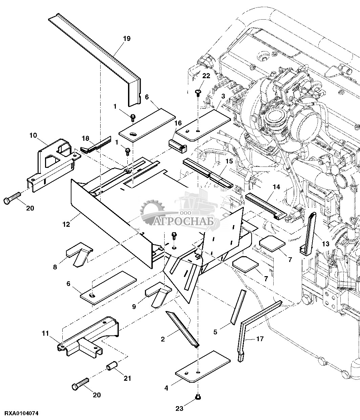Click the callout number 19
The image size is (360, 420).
(126, 39)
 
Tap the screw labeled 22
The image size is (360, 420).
(198, 92)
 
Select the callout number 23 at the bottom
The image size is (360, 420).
(179, 408)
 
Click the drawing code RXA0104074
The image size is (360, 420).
(22, 414)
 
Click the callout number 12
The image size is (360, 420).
(66, 224)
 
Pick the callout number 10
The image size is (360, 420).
(33, 135)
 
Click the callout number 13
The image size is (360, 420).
(325, 244)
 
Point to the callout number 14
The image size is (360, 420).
(276, 186)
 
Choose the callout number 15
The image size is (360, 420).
(229, 161)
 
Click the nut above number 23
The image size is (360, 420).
(197, 397)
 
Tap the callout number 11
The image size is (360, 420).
(45, 333)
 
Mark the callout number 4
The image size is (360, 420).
(166, 388)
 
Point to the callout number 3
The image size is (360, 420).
(223, 96)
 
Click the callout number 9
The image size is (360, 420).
(134, 306)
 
